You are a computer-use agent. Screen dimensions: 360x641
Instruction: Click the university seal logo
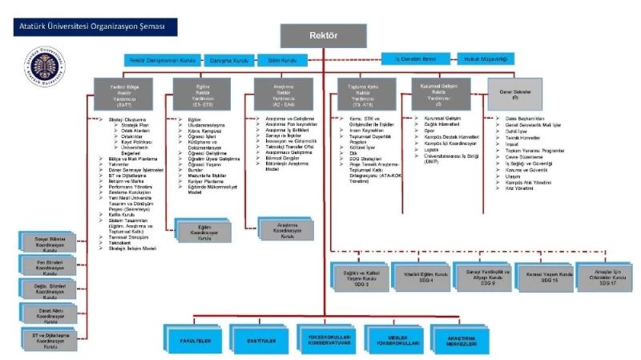click(40, 66)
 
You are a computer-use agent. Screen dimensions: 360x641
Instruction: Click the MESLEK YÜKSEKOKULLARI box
click(393, 338)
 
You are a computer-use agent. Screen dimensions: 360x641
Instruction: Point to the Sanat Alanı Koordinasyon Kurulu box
click(46, 314)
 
